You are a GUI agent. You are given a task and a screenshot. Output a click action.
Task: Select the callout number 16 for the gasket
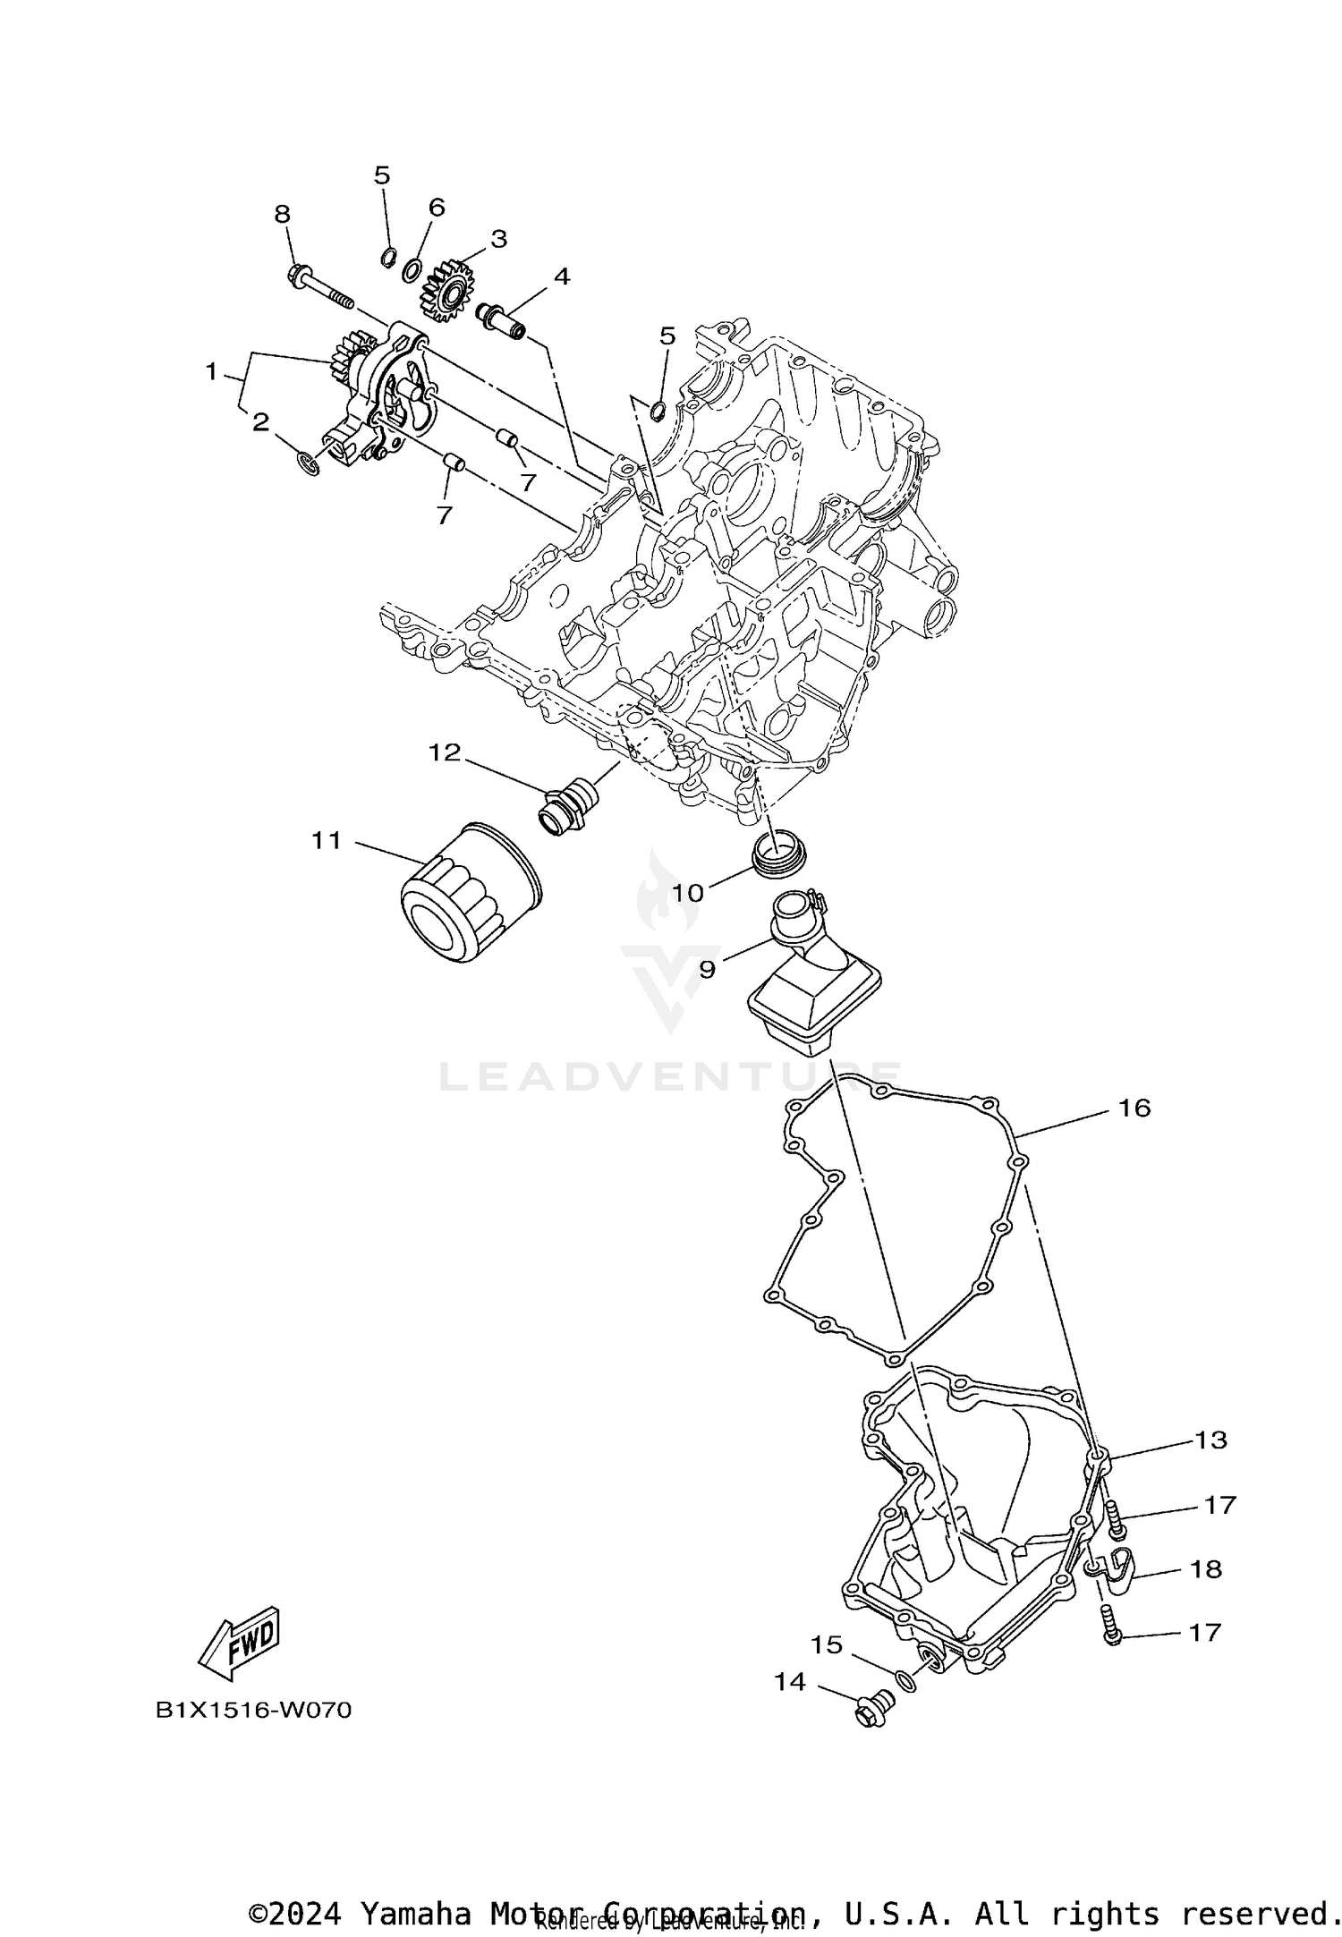(1134, 1109)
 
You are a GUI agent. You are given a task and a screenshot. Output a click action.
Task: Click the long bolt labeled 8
(318, 285)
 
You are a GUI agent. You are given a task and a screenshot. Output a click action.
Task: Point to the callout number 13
(1211, 1440)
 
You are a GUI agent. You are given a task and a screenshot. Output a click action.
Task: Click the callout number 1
(211, 371)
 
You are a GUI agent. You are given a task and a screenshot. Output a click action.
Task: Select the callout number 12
(444, 752)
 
